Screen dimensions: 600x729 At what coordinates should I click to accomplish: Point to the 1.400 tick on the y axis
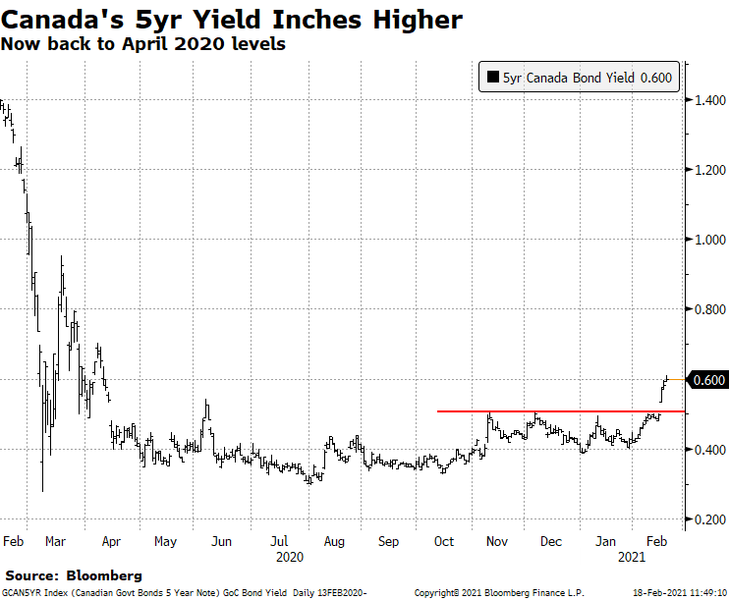pyautogui.click(x=708, y=100)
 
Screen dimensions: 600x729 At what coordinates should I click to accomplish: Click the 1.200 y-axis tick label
pyautogui.click(x=708, y=170)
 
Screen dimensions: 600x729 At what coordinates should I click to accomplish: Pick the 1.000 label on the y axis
pyautogui.click(x=708, y=240)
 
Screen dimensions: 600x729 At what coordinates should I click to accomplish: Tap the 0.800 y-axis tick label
pyautogui.click(x=708, y=309)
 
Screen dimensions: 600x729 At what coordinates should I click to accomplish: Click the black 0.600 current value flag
pyautogui.click(x=709, y=380)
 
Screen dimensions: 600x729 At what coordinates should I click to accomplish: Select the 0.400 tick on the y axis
pyautogui.click(x=708, y=450)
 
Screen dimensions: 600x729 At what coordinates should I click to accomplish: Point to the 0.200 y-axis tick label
pyautogui.click(x=708, y=519)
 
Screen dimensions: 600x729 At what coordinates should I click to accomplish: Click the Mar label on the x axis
pyautogui.click(x=55, y=540)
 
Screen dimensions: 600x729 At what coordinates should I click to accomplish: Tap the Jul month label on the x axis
pyautogui.click(x=280, y=540)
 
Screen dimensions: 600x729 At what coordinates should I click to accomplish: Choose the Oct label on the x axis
pyautogui.click(x=443, y=540)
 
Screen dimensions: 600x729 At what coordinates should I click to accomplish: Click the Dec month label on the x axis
pyautogui.click(x=551, y=540)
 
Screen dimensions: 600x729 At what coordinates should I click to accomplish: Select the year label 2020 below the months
pyautogui.click(x=290, y=557)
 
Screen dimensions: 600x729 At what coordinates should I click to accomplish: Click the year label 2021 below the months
pyautogui.click(x=632, y=557)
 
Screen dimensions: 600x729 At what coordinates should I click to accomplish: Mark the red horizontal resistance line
pyautogui.click(x=550, y=411)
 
